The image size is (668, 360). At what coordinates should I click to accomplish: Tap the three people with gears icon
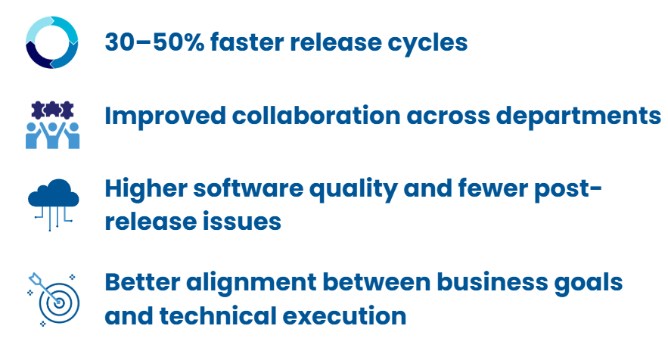coord(52,125)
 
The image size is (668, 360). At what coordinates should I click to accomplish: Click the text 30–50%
coord(154,42)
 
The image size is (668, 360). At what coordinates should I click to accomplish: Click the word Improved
coord(165,116)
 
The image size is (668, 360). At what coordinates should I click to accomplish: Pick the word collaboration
coord(316,116)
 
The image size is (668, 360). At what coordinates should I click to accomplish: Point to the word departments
coord(579,116)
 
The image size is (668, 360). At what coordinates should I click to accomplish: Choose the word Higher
coord(146,189)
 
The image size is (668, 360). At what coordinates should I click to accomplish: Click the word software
coord(248,188)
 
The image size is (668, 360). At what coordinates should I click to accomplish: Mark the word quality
coord(353,189)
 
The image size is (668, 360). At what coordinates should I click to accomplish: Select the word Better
coord(142,282)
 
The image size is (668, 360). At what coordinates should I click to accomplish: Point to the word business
coord(492,282)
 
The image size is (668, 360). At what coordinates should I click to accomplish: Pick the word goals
coord(589,283)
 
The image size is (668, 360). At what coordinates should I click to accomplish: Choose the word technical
coord(218,315)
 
